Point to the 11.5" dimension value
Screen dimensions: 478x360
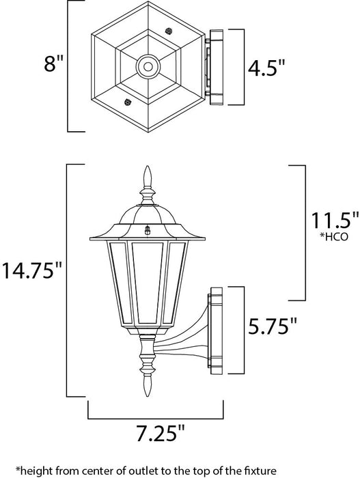314,238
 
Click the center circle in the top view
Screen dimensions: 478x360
147,66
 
